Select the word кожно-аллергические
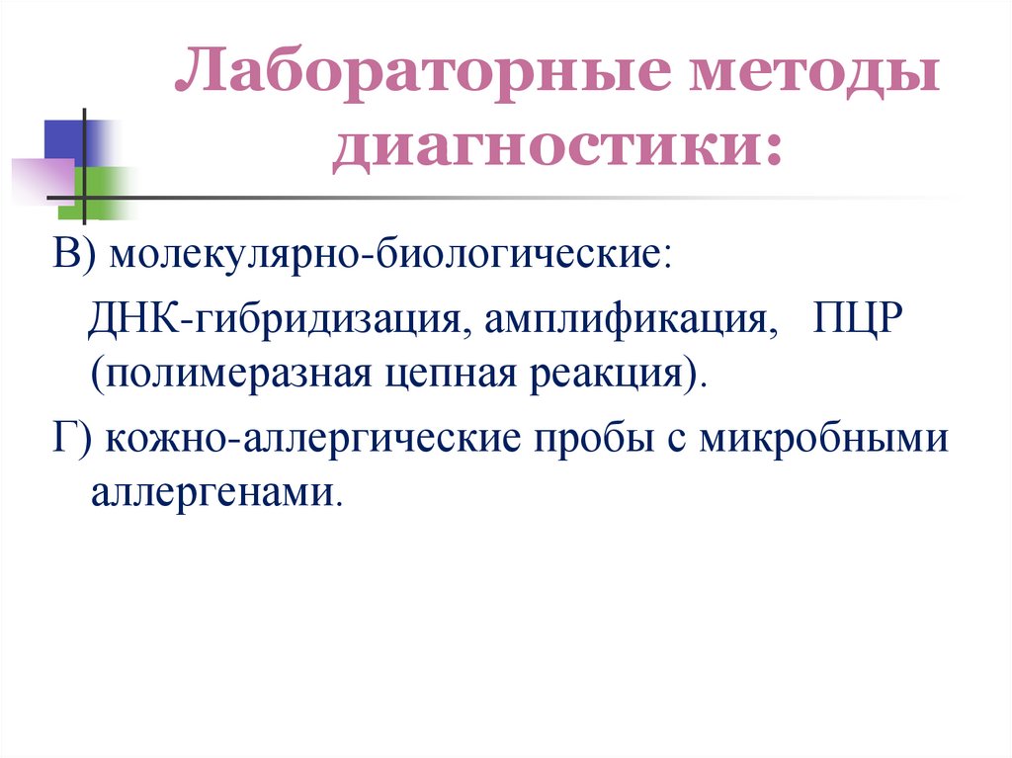click(316, 438)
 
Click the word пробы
click(587, 438)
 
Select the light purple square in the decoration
click(43, 179)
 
